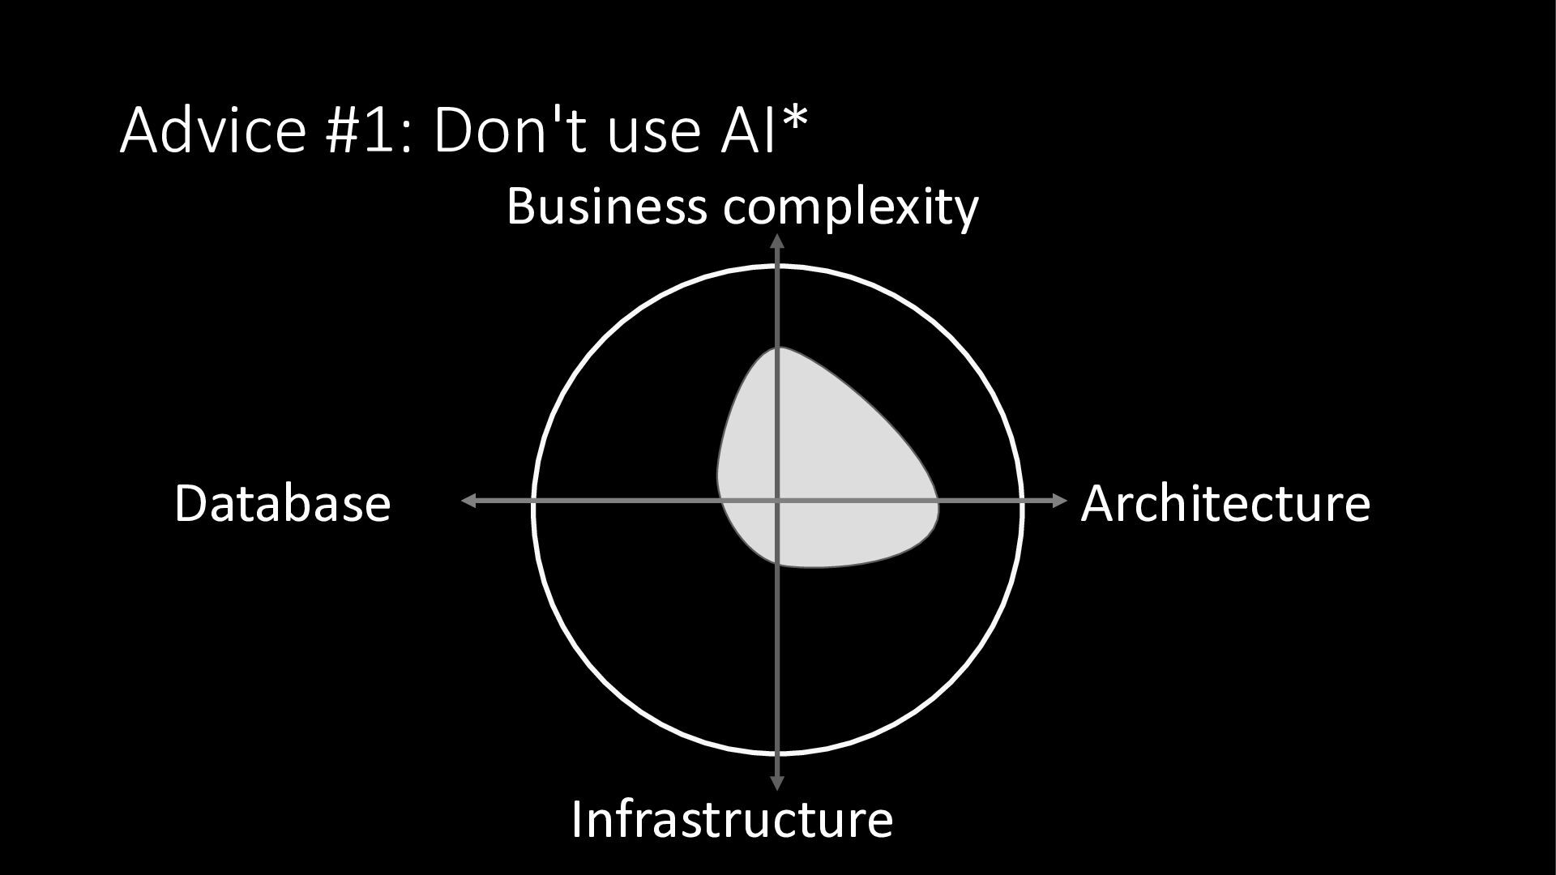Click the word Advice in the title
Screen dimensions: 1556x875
[x=213, y=130]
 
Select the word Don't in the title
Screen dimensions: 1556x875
[x=511, y=130]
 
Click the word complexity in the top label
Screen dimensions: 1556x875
[x=851, y=207]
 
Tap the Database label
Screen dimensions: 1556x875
[x=282, y=503]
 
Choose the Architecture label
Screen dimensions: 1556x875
[x=1225, y=503]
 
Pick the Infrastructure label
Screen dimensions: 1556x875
[x=732, y=818]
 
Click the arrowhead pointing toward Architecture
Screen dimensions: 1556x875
[x=1061, y=502]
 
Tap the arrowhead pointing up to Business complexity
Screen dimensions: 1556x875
[x=777, y=240]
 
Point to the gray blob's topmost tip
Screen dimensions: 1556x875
[x=777, y=348]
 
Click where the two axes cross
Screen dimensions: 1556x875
[x=777, y=502]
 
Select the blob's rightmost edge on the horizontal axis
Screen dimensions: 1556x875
[x=938, y=502]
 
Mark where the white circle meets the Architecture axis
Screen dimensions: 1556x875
[x=1021, y=502]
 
